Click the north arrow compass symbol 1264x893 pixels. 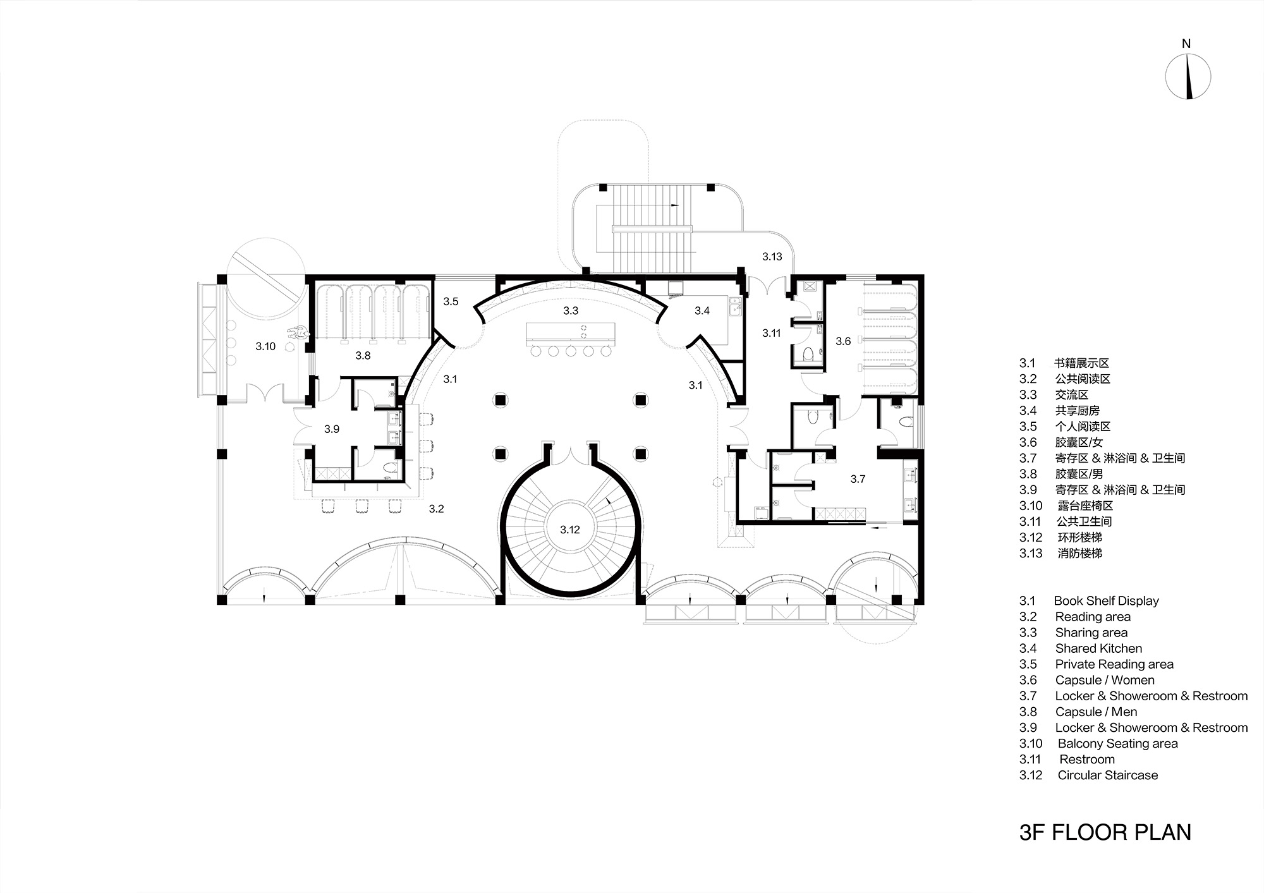[1188, 76]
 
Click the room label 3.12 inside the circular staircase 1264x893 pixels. [569, 530]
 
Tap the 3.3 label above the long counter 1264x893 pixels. [570, 310]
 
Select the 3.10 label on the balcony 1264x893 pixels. [265, 346]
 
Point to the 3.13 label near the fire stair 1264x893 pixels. [772, 257]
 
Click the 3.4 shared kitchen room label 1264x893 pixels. [702, 310]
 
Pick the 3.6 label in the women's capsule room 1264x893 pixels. [843, 341]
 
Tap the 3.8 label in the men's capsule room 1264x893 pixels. [363, 355]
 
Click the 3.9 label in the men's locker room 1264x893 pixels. [332, 429]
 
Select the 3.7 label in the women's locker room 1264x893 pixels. [858, 479]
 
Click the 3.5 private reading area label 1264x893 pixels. [451, 301]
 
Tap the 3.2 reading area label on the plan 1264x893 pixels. [436, 509]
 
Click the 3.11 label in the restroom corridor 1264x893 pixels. [771, 333]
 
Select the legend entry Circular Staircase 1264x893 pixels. [1107, 775]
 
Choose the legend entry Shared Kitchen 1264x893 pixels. [1098, 648]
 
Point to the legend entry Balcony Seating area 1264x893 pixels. [1117, 744]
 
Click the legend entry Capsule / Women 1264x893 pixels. [1104, 680]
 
